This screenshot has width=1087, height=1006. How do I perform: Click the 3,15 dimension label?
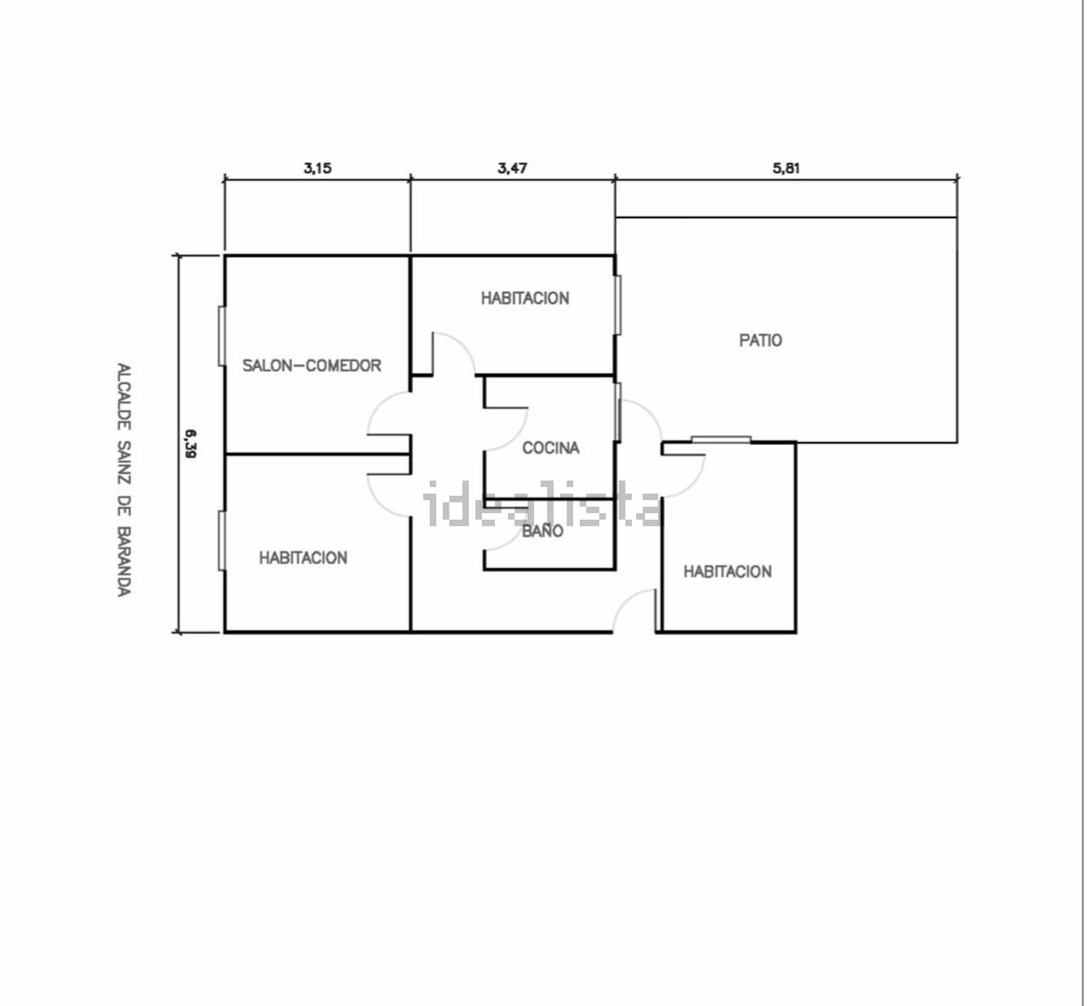317,168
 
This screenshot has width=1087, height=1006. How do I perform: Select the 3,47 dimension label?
512,168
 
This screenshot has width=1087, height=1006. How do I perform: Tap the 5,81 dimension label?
786,168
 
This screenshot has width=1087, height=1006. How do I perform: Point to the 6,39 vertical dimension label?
191,444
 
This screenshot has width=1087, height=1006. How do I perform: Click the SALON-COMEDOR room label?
312,365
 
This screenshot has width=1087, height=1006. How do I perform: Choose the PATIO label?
761,340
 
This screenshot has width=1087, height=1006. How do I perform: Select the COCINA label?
551,448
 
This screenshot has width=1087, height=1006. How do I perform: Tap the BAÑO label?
543,531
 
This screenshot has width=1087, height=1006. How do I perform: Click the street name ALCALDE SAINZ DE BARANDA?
124,479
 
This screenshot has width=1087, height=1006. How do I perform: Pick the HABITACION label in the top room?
525,298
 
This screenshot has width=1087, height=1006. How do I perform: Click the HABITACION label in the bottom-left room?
303,557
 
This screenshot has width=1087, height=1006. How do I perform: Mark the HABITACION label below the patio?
728,572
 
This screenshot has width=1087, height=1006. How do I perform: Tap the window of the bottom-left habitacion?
221,541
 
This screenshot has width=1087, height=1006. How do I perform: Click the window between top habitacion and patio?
618,304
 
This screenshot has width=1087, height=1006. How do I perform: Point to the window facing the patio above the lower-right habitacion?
720,438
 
